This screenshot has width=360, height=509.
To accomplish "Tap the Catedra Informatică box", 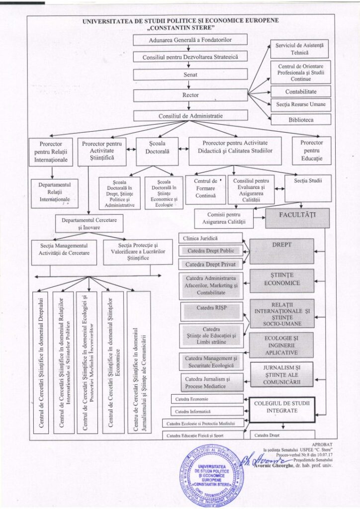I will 206,412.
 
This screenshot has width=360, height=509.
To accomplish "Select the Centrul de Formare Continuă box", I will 205,188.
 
